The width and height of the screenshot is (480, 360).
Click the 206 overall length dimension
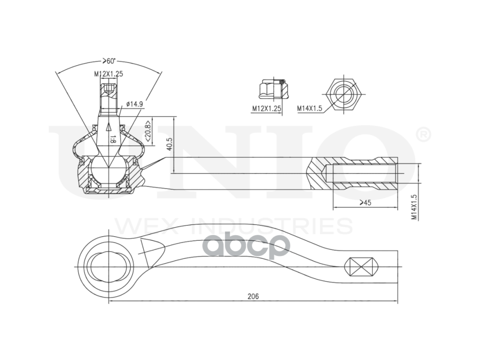point(253,297)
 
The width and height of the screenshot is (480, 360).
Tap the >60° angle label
point(109,61)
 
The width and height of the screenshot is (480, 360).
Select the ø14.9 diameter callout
point(134,104)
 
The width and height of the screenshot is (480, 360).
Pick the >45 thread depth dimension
point(365,202)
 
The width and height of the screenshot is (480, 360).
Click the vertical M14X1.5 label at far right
point(415,207)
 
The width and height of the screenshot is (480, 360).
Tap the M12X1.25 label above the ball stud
point(109,73)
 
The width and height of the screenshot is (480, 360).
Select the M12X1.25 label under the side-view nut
point(266,108)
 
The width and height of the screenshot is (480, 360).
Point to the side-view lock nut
point(273,89)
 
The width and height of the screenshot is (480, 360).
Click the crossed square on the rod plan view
point(361,267)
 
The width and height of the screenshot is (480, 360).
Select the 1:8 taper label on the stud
point(113,139)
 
